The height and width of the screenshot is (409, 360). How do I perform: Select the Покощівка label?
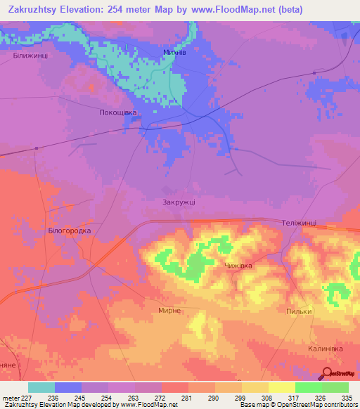point(117,112)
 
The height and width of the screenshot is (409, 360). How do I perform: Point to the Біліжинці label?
point(30,55)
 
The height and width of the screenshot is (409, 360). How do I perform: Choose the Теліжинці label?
point(299,223)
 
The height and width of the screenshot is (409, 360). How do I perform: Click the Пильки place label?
point(298,311)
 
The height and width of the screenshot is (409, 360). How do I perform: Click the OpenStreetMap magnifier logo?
point(326,372)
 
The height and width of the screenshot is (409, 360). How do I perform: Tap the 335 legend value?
point(347,398)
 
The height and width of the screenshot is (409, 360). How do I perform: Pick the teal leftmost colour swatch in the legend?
point(41,387)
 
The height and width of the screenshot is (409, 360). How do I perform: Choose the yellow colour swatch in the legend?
point(282,387)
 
